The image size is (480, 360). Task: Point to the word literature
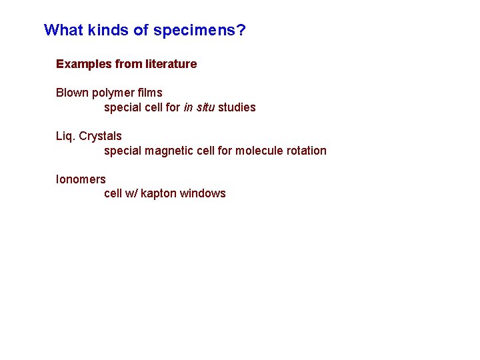pos(171,64)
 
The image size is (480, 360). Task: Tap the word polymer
pos(113,93)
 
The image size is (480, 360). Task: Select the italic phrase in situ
pos(199,107)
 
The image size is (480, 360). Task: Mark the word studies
pos(237,107)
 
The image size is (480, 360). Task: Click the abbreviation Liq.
pos(65,137)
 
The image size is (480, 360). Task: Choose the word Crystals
pos(101,137)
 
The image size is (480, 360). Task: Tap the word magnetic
pos(171,151)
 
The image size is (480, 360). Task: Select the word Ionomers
pos(81,179)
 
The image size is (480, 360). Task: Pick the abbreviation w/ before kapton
pos(131,193)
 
